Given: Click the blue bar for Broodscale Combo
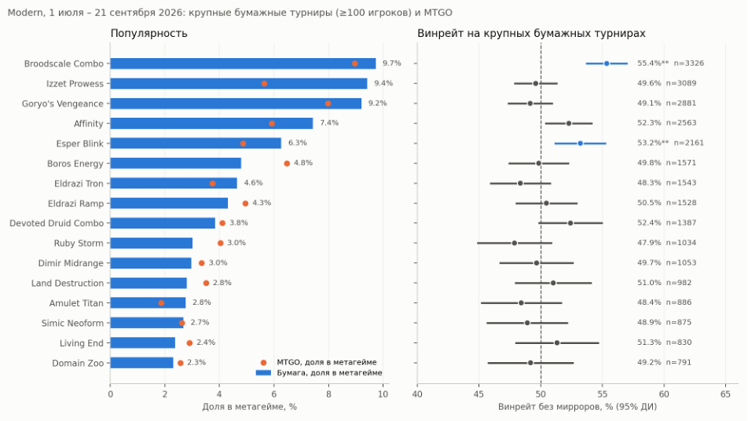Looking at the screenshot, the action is (243, 64).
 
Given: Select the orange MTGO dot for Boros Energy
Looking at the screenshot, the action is (287, 163).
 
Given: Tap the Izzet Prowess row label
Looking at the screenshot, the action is (75, 83).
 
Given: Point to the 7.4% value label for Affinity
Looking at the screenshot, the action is (329, 123).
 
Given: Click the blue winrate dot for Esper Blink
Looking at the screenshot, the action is (580, 143).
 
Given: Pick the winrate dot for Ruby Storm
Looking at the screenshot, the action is (514, 243).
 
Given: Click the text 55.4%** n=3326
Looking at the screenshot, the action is (670, 64).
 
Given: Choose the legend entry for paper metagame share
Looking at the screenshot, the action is (319, 373).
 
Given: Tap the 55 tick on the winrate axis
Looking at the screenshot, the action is (603, 394).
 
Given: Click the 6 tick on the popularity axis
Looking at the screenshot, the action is (273, 394).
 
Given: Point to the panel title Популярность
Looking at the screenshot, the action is (148, 33).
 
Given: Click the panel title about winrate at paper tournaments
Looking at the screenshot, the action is (531, 33).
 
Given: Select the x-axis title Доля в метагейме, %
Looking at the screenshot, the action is (250, 407).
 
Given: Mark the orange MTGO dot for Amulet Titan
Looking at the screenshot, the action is (161, 303).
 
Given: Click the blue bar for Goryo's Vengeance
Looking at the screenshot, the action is (236, 104).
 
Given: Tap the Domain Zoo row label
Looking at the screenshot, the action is (78, 364).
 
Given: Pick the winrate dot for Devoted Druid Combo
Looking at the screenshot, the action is (570, 223).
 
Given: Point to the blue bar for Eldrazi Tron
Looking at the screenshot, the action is (174, 184).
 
